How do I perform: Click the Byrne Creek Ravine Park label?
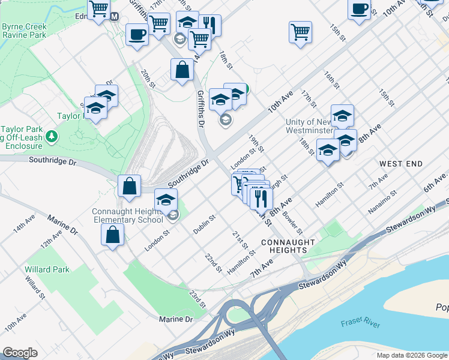point(25,31)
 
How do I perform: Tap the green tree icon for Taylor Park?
point(52,136)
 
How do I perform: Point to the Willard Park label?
point(43,269)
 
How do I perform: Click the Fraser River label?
point(360,323)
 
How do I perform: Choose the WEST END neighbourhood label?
point(401,164)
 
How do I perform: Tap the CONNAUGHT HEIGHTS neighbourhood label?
point(288,246)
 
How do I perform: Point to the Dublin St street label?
point(204,224)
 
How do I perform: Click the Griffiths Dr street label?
point(201,108)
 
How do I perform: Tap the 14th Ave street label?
point(26,224)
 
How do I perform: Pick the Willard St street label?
point(35,287)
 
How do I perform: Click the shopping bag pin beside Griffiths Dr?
point(182,70)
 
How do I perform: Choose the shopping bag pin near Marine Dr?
point(112,235)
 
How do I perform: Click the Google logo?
point(20,353)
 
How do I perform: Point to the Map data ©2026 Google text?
point(411,355)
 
